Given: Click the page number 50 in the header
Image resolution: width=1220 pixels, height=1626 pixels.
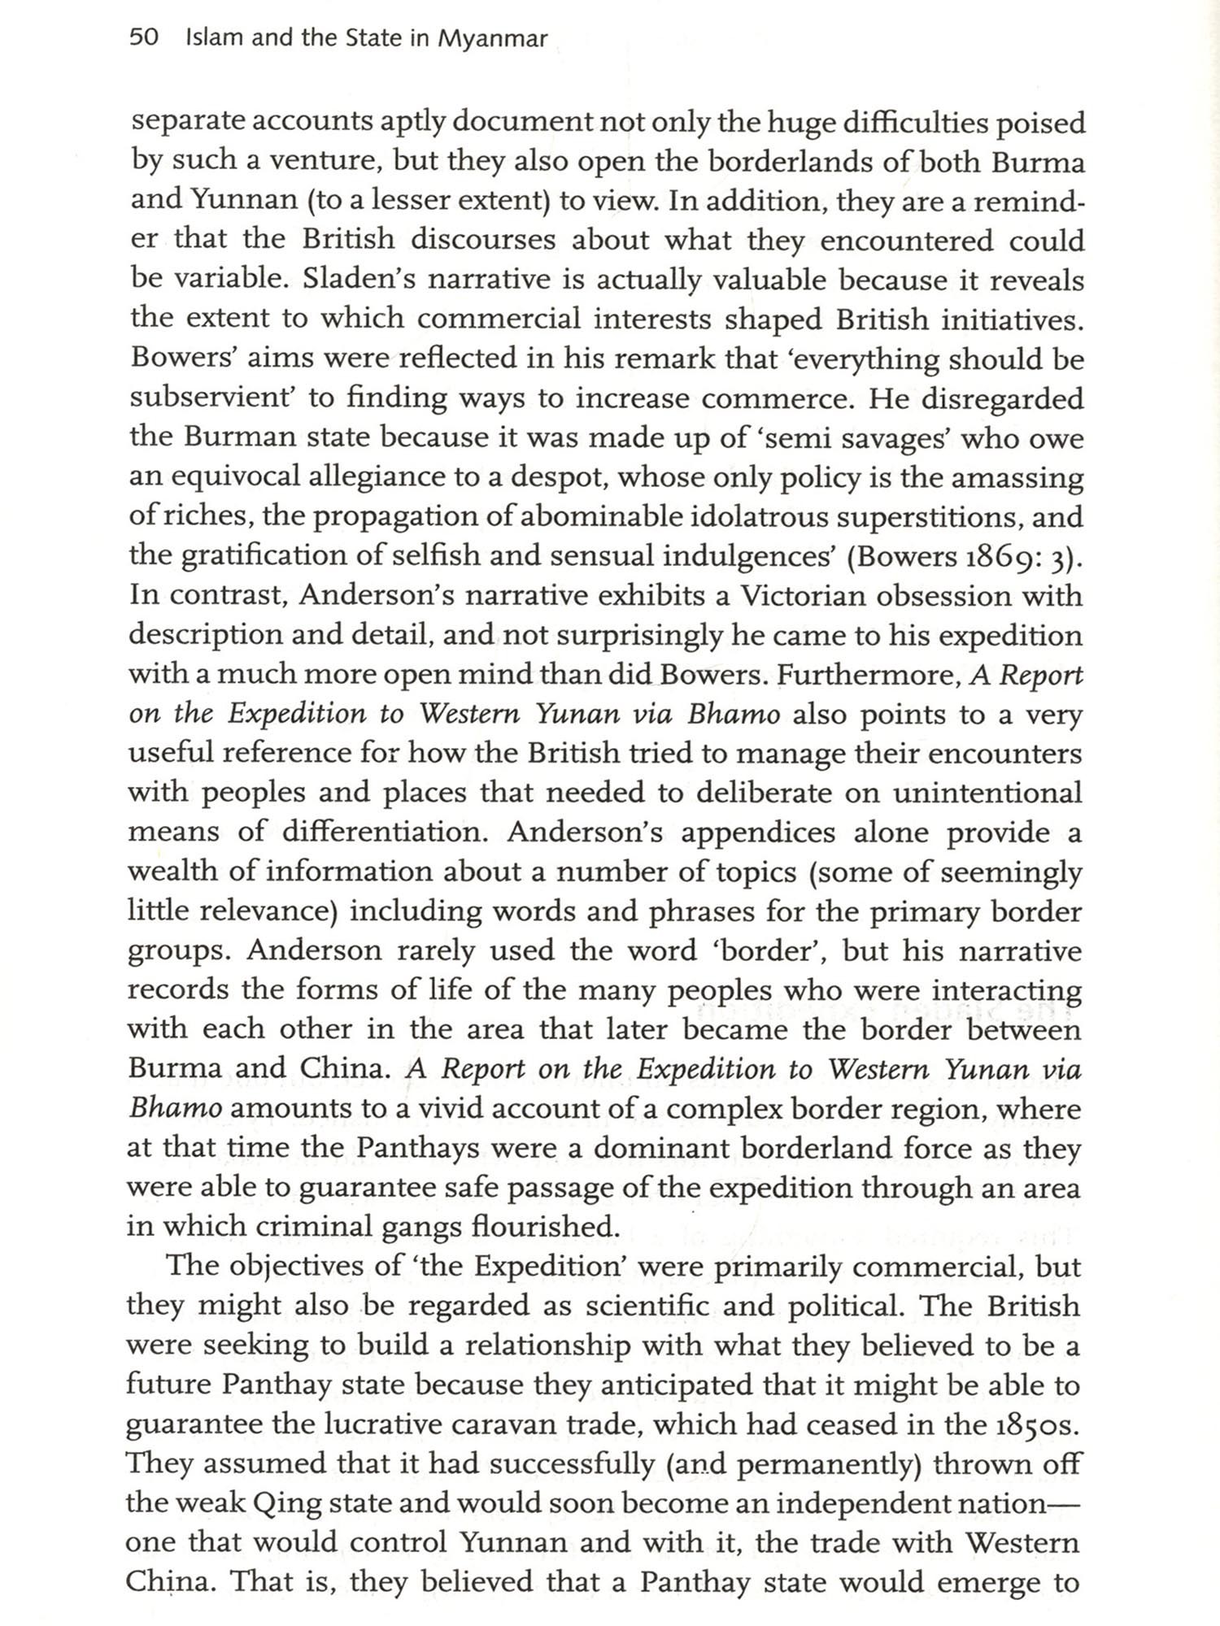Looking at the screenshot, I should tap(143, 38).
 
